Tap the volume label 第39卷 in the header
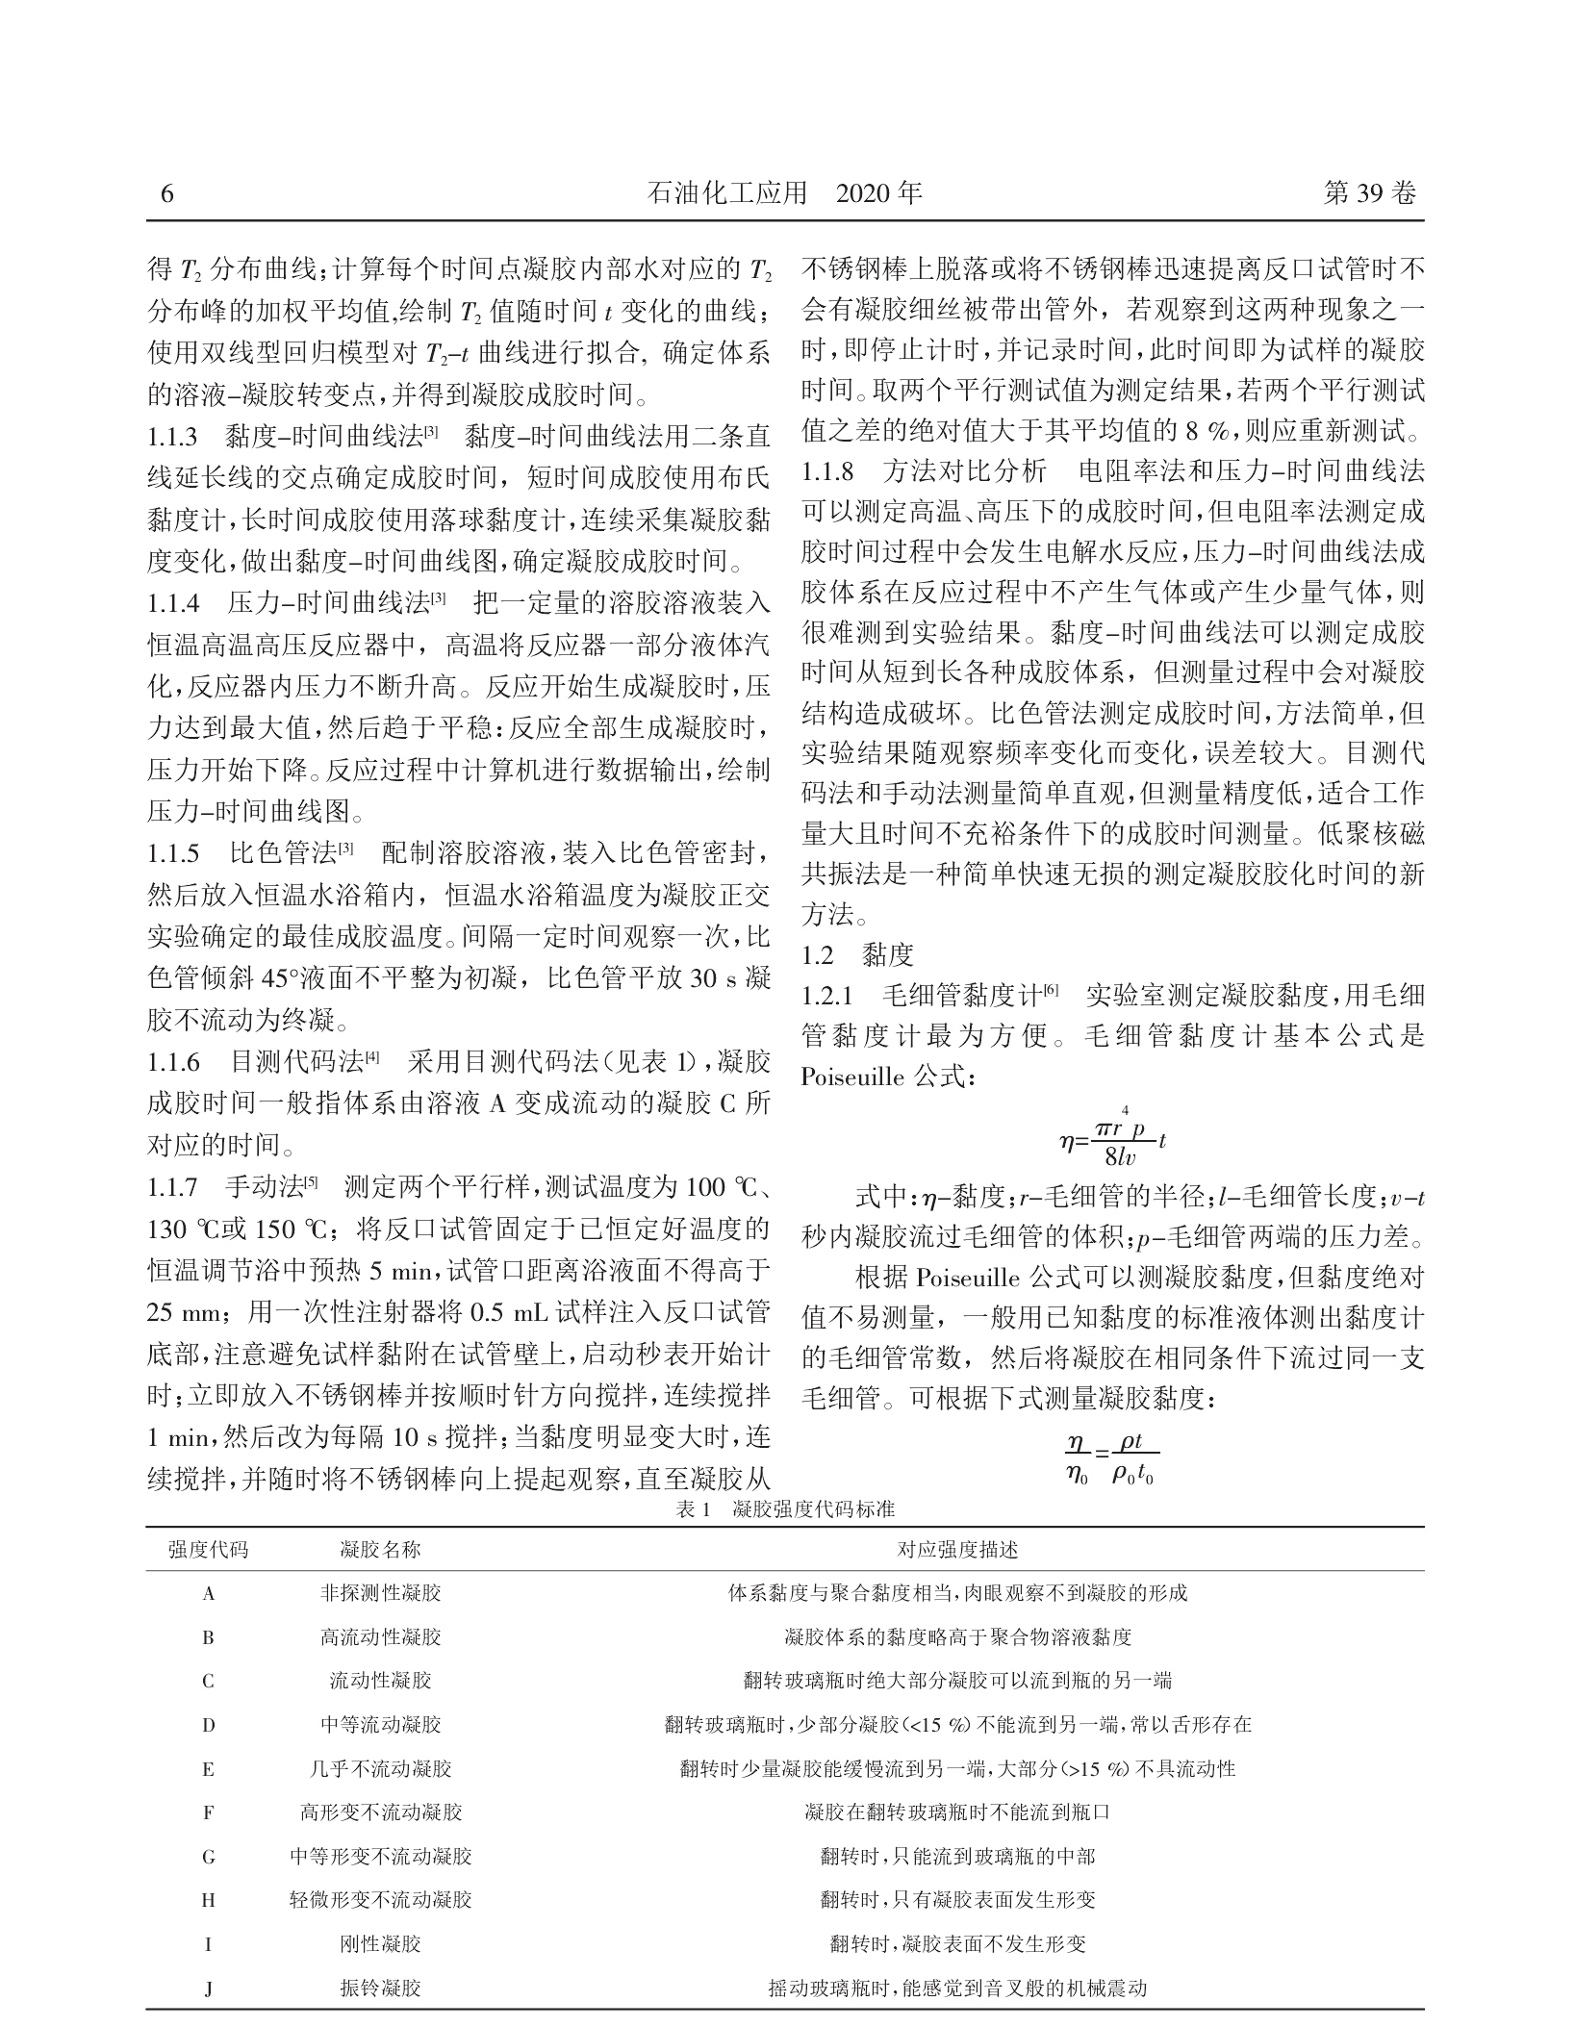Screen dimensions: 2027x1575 pyautogui.click(x=1370, y=194)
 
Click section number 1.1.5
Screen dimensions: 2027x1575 pyautogui.click(x=173, y=852)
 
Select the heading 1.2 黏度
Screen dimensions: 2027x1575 pyautogui.click(x=857, y=954)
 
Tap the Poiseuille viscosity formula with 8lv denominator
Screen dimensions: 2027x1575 pyautogui.click(x=1112, y=1141)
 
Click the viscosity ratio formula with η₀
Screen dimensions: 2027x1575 pyautogui.click(x=1111, y=1460)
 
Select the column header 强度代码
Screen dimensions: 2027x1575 pyautogui.click(x=208, y=1550)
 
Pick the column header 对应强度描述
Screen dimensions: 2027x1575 pyautogui.click(x=957, y=1550)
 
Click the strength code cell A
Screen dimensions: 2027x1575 pyautogui.click(x=208, y=1594)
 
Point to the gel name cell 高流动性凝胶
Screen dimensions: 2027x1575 pyautogui.click(x=381, y=1637)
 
